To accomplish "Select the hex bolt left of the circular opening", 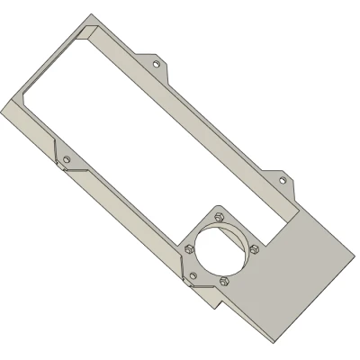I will pos(189,248).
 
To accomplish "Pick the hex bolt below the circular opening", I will pos(224,281).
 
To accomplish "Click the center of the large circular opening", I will pos(222,248).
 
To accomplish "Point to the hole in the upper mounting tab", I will pos(157,65).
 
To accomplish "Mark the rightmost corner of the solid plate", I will pos(353,256).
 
